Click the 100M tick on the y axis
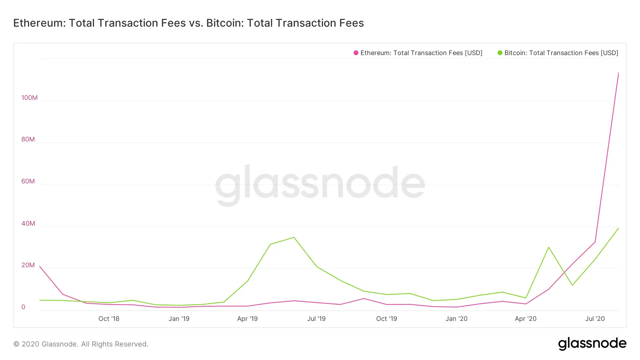coord(29,98)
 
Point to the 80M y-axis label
coord(28,139)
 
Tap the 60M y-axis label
coord(28,181)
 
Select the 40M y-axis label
coord(28,224)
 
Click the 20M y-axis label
coord(28,265)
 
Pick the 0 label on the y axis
coord(23,307)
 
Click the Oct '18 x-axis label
coord(109,319)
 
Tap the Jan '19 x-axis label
coord(179,319)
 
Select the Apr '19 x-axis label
coord(247,319)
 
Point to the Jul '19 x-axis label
coord(316,319)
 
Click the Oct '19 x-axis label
coord(386,319)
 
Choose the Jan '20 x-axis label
coord(457,319)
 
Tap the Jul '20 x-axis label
coord(595,319)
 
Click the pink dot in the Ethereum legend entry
coord(356,53)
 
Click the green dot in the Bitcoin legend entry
coord(500,53)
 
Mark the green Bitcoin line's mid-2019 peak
coord(294,237)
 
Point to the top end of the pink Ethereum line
coord(618,73)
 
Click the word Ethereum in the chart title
coord(38,23)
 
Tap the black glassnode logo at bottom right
coord(592,344)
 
